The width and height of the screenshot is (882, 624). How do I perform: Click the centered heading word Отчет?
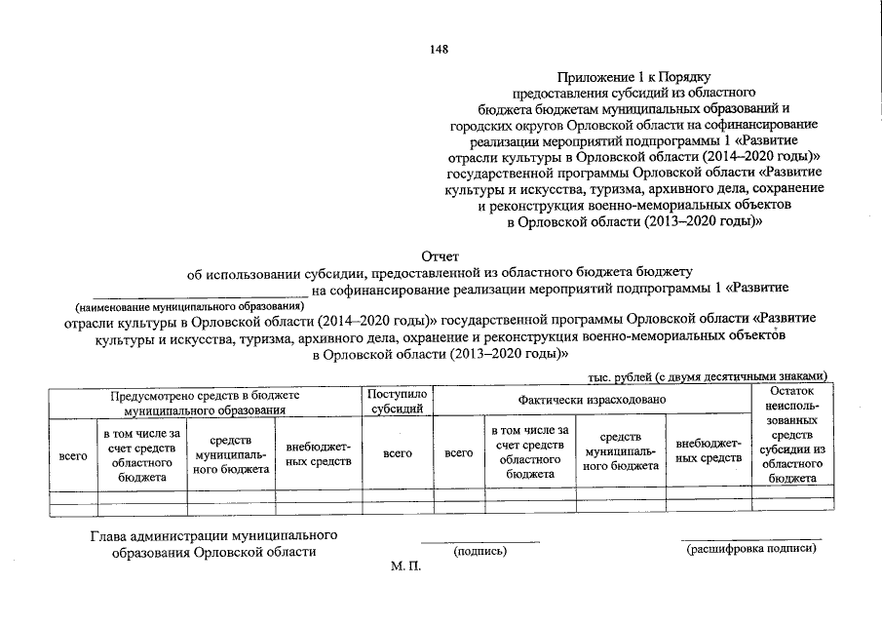[440, 255]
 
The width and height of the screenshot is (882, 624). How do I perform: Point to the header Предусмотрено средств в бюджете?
[204, 401]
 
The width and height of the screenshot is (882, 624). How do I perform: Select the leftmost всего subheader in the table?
[73, 454]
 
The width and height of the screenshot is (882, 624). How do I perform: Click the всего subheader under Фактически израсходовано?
[458, 453]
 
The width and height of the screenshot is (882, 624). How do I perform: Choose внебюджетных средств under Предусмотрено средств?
[318, 454]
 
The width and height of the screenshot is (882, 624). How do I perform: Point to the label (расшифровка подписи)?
[750, 549]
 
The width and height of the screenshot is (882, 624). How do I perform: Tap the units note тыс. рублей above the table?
[709, 376]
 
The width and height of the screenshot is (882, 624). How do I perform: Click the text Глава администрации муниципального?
[214, 535]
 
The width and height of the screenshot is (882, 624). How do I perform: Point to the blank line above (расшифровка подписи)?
[750, 538]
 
